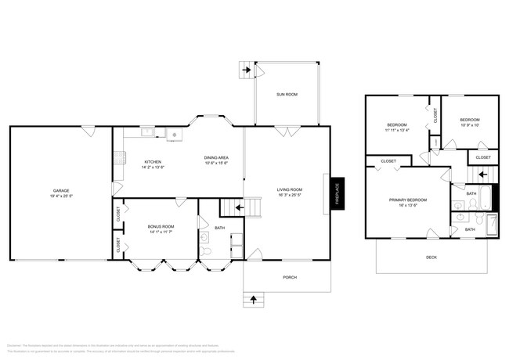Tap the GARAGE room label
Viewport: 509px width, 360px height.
pos(61,190)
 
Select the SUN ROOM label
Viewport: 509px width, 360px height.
pos(287,94)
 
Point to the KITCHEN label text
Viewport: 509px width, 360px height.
pos(152,162)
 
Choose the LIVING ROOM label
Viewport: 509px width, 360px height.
pos(289,189)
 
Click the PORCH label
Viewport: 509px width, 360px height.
pos(289,277)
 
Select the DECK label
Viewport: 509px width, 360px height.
pos(431,257)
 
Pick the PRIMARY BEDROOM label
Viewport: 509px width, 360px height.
pos(407,200)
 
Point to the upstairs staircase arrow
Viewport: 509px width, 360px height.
pos(482,175)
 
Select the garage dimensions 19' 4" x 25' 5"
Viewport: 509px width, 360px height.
pos(61,196)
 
